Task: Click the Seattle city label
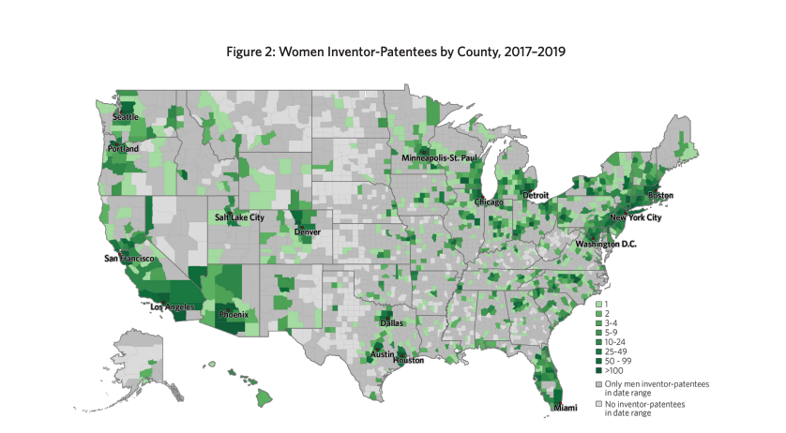tap(126, 117)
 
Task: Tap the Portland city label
tap(123, 149)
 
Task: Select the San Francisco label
tap(130, 259)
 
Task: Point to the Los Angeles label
tap(174, 306)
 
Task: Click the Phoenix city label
tap(233, 315)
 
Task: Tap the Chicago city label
tap(488, 202)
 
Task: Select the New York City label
tap(636, 218)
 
